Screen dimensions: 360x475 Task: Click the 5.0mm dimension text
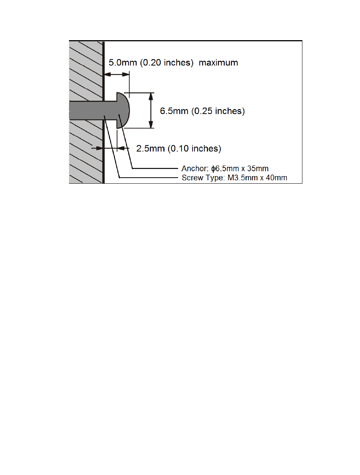123,62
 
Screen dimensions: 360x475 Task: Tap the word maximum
219,62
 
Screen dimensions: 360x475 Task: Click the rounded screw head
123,111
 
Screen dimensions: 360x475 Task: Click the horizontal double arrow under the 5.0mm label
117,74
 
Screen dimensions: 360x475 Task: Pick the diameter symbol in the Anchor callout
213,169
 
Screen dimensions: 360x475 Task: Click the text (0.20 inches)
167,62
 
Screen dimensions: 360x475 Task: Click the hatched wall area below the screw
86,152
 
